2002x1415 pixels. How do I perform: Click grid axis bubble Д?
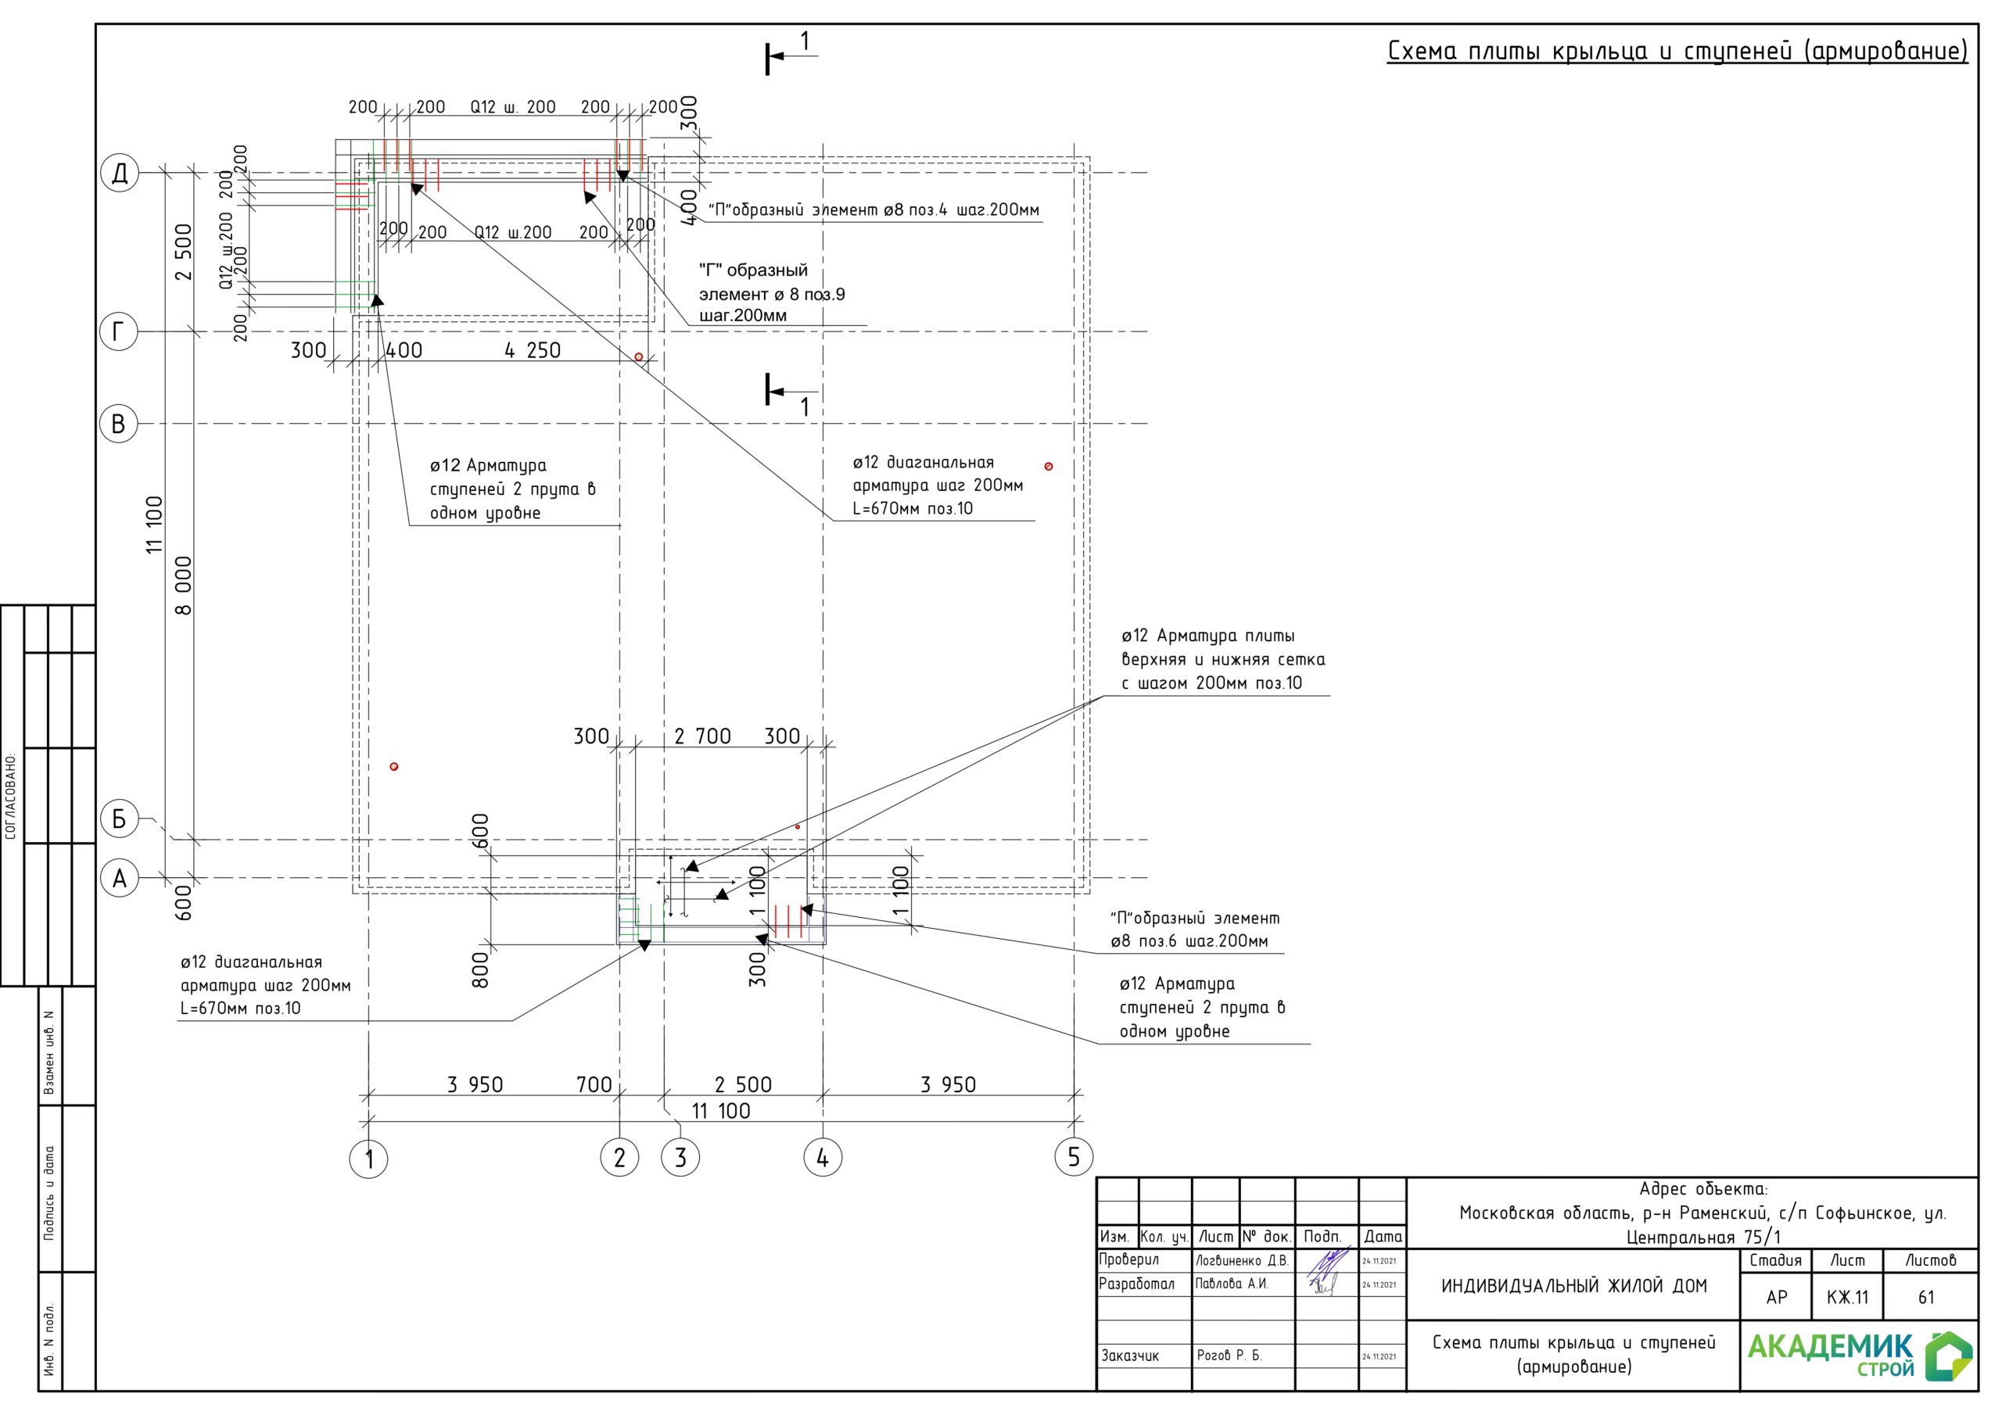(120, 173)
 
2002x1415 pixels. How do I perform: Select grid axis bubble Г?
(120, 331)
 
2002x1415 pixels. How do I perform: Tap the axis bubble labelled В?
(120, 424)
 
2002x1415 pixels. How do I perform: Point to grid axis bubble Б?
(120, 819)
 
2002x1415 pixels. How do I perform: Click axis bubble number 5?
(1074, 1157)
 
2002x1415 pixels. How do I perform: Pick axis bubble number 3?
(680, 1158)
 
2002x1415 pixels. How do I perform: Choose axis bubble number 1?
(368, 1159)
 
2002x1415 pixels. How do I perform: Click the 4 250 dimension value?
(532, 350)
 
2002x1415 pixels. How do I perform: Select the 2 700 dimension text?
(703, 736)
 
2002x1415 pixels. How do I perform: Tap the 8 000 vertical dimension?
(183, 585)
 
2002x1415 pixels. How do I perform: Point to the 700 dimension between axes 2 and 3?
(594, 1084)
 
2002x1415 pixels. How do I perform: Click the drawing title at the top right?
(1677, 52)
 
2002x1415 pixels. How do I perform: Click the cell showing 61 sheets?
(1926, 1297)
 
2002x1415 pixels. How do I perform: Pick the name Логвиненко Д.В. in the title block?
(1242, 1261)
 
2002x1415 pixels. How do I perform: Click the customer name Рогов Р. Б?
(1229, 1355)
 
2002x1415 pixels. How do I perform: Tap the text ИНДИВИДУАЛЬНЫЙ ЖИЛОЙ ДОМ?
(1574, 1286)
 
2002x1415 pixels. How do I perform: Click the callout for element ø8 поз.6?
(1195, 930)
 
